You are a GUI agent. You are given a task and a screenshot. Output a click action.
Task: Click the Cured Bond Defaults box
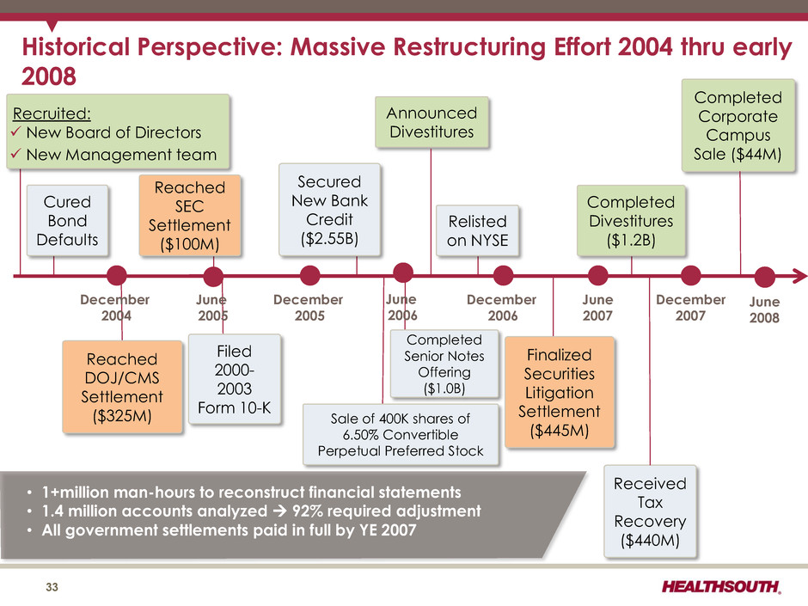coord(68,221)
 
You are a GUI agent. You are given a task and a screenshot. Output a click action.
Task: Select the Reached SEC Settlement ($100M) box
coord(190,216)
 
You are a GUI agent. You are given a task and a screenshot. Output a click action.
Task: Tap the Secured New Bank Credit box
coord(330,210)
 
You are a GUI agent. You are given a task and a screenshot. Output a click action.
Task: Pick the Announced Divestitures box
coord(432,122)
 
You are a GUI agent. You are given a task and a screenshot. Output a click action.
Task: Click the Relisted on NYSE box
coord(478,230)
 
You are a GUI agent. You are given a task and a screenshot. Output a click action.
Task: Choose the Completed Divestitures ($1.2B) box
coord(631,221)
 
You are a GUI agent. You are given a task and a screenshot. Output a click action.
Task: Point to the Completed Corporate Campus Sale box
coord(738,125)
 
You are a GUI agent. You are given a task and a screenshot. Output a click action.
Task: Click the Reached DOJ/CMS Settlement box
coord(122,387)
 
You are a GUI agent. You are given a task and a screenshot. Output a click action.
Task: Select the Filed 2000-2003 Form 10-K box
coord(235,379)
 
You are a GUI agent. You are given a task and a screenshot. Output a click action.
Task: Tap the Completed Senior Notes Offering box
coord(444,364)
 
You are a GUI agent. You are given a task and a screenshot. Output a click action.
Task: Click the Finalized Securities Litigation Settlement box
coord(560,392)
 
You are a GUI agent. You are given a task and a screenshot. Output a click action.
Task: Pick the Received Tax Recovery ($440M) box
coord(651,511)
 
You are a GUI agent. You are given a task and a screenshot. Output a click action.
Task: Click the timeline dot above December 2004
coord(117,276)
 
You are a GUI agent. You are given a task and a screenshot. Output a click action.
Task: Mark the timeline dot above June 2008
coord(765,277)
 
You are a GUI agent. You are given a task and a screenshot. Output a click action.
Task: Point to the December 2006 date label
coord(502,308)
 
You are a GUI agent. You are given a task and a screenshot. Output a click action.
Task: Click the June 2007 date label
coord(597,308)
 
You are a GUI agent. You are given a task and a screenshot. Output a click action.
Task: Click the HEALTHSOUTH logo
coord(721,586)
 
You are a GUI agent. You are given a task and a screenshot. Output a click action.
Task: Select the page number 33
coord(52,587)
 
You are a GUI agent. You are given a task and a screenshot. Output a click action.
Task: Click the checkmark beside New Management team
coord(16,154)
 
